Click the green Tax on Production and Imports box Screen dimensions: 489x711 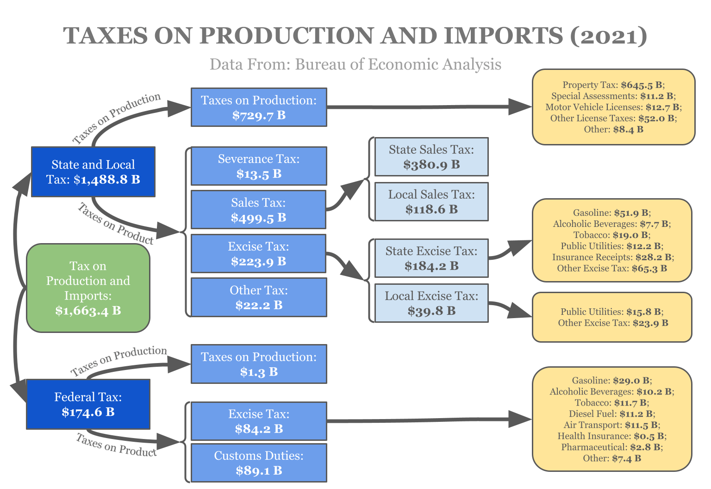pos(88,288)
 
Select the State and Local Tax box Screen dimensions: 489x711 pos(93,172)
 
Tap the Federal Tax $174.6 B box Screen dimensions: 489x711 pos(88,404)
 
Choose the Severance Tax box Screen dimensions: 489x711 pos(259,166)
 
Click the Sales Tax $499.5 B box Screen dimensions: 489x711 pos(258,210)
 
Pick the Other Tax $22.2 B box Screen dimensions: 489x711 pos(259,297)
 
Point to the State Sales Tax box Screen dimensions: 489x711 pos(431,157)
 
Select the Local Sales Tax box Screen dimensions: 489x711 pos(431,202)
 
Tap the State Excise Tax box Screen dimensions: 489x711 pos(431,258)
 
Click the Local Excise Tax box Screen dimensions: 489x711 pos(431,303)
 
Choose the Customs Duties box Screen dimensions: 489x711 pos(259,463)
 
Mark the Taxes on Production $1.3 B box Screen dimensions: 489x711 pos(259,364)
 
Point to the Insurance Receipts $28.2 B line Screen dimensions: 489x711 pos(613,257)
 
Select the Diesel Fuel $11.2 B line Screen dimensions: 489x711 pos(612,414)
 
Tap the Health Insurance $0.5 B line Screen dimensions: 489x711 pos(612,436)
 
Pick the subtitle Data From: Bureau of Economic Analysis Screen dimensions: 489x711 pos(355,64)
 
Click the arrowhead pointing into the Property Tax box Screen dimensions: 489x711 pos(520,107)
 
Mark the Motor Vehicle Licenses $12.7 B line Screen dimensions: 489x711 pos(613,107)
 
